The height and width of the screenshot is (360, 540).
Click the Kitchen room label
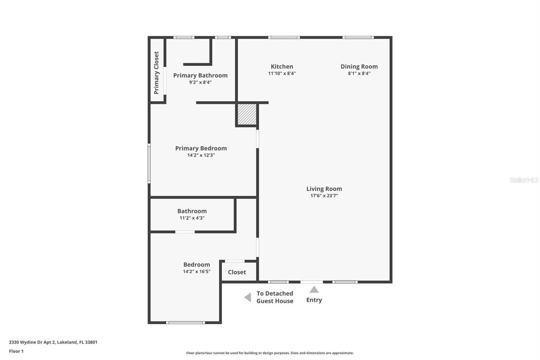click(282, 67)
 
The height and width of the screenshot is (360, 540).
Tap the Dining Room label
click(359, 67)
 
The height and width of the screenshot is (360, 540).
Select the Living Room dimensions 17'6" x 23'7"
click(324, 196)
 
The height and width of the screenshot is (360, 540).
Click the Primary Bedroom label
click(201, 148)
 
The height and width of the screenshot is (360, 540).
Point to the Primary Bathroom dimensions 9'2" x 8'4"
click(200, 82)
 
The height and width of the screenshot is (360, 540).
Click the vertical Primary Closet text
click(156, 73)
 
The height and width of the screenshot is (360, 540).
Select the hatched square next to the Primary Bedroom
click(247, 114)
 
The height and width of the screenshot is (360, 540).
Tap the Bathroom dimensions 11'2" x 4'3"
click(192, 218)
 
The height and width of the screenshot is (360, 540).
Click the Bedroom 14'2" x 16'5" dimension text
click(196, 271)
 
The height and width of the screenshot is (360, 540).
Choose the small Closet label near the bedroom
click(237, 272)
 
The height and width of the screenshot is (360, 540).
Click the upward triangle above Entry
click(314, 289)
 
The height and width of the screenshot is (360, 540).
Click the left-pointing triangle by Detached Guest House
click(248, 297)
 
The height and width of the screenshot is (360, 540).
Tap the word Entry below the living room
click(314, 300)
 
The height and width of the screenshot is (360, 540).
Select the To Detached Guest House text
click(275, 297)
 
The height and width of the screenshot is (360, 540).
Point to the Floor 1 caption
click(16, 351)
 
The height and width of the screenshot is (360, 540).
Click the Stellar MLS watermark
click(524, 180)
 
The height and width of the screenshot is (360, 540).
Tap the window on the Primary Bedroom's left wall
click(149, 164)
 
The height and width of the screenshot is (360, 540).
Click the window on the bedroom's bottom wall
click(185, 323)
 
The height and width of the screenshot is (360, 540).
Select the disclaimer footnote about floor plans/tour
click(270, 353)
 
